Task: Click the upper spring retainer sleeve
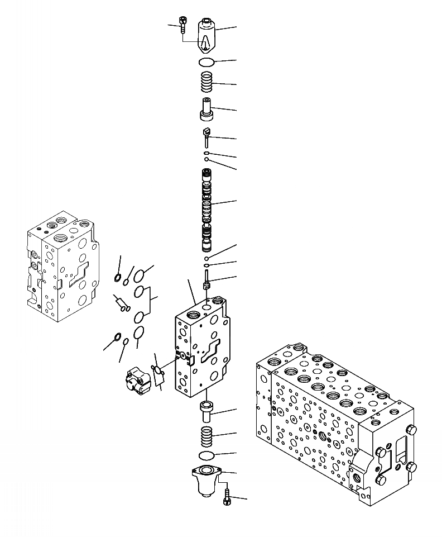[206, 108]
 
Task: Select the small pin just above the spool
[206, 135]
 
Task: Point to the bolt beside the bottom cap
[226, 497]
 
